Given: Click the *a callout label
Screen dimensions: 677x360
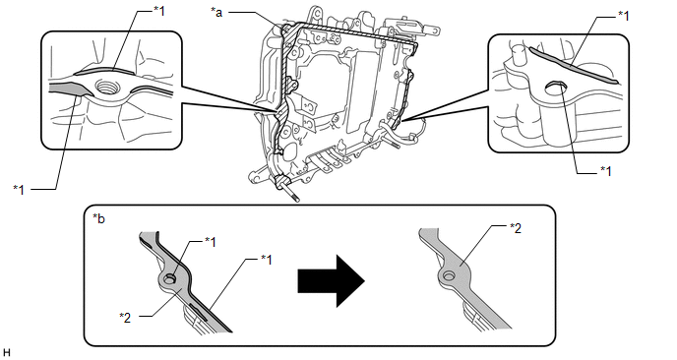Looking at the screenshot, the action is pyautogui.click(x=216, y=12).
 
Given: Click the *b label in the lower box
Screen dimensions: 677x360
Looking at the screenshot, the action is pyautogui.click(x=98, y=218).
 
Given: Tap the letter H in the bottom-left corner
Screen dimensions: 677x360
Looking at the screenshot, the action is pyautogui.click(x=6, y=353).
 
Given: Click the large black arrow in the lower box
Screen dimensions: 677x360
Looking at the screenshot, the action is pyautogui.click(x=332, y=281).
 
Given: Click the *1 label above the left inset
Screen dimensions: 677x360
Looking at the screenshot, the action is pyautogui.click(x=158, y=11).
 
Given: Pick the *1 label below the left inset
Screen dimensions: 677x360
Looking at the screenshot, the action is pyautogui.click(x=19, y=189).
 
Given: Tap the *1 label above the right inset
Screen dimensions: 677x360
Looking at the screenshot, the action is pyautogui.click(x=623, y=16).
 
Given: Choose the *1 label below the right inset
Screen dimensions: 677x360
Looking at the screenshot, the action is pyautogui.click(x=606, y=171).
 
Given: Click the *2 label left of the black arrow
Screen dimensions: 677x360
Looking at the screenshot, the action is pyautogui.click(x=125, y=318).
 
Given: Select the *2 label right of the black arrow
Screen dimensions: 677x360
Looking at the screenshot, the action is pyautogui.click(x=516, y=228).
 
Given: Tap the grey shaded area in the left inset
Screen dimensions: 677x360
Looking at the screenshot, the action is pyautogui.click(x=68, y=88).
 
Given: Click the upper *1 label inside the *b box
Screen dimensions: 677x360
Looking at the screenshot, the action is pyautogui.click(x=210, y=242).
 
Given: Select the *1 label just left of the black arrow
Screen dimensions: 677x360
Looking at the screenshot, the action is pyautogui.click(x=266, y=260).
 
